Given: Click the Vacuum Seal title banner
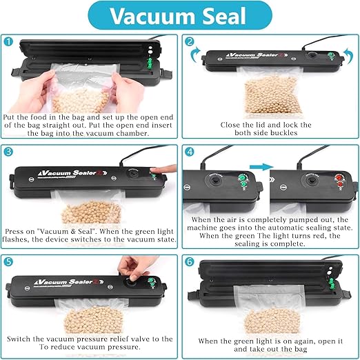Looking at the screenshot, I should pos(180,15).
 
